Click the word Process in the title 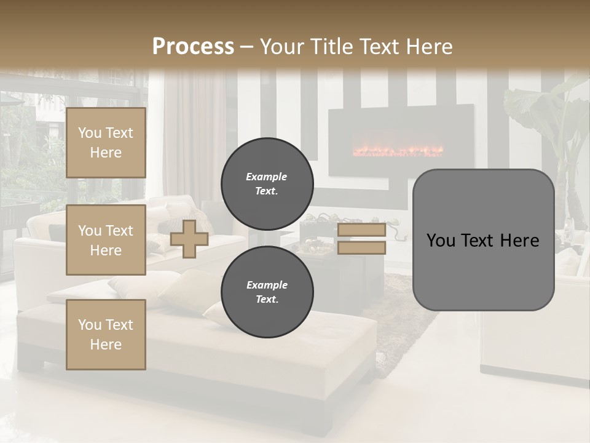(193, 46)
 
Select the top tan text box (106, 143)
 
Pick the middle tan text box (106, 240)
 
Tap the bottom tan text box (106, 334)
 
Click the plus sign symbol (189, 239)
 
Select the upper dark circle (267, 183)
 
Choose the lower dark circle (267, 292)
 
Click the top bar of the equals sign (361, 230)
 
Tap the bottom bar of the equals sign (361, 247)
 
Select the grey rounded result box (483, 240)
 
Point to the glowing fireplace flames (397, 150)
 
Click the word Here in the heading (428, 47)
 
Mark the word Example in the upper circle (266, 177)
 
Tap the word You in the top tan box (90, 133)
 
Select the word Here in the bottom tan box (106, 345)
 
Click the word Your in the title (280, 47)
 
